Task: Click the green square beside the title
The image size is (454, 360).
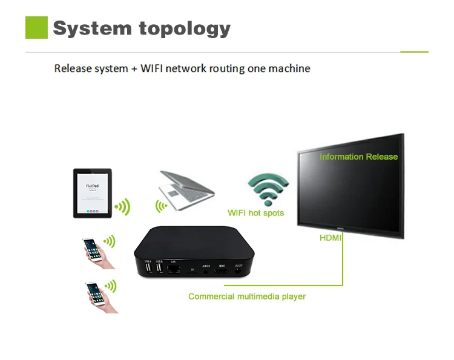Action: (x=36, y=28)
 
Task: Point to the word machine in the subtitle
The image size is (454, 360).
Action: (x=289, y=68)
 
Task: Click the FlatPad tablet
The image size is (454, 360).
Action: (x=92, y=192)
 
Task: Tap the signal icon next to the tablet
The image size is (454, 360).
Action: (x=123, y=208)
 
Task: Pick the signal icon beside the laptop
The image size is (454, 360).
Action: (x=162, y=206)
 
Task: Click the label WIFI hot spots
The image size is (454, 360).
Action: (x=255, y=213)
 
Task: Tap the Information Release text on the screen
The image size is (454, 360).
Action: (x=358, y=157)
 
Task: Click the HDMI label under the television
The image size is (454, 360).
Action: (x=331, y=238)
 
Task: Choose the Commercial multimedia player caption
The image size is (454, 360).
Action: (x=247, y=296)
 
